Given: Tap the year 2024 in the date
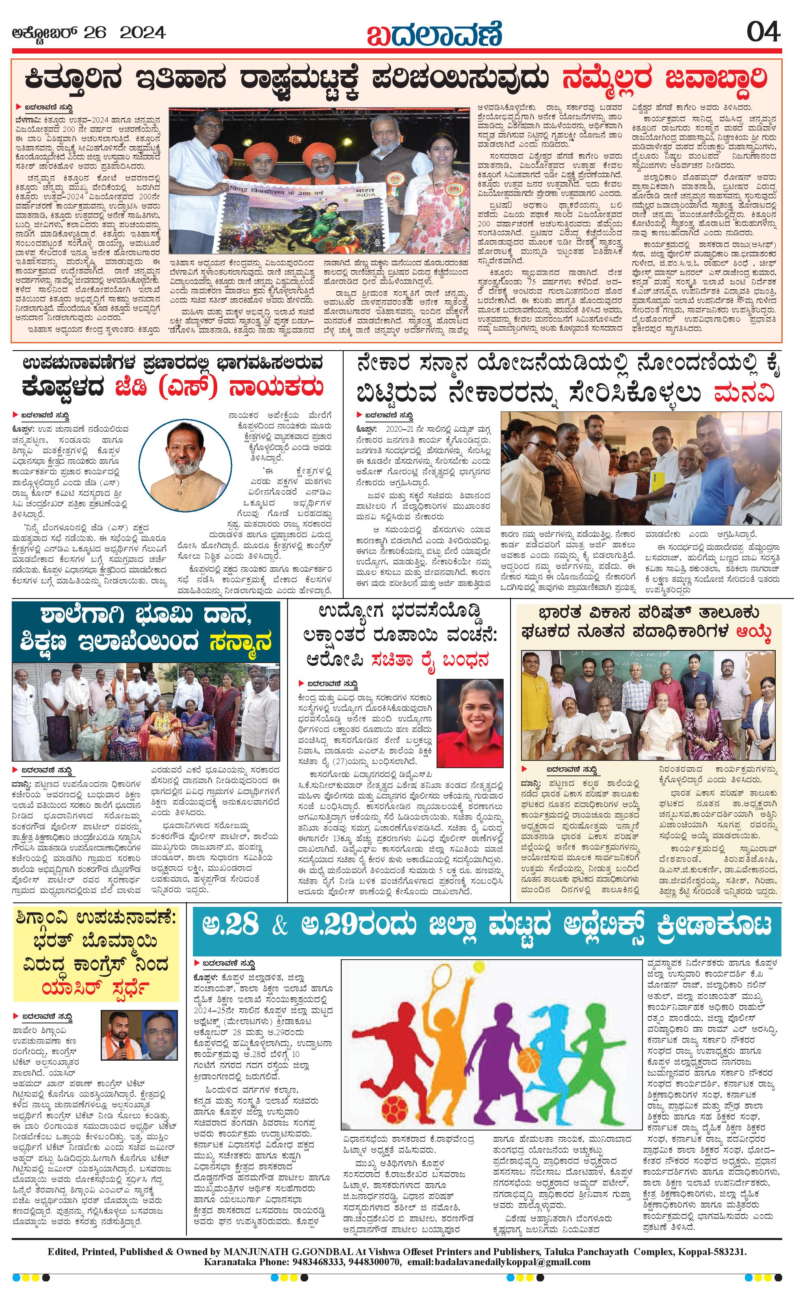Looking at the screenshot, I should click(x=143, y=33).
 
